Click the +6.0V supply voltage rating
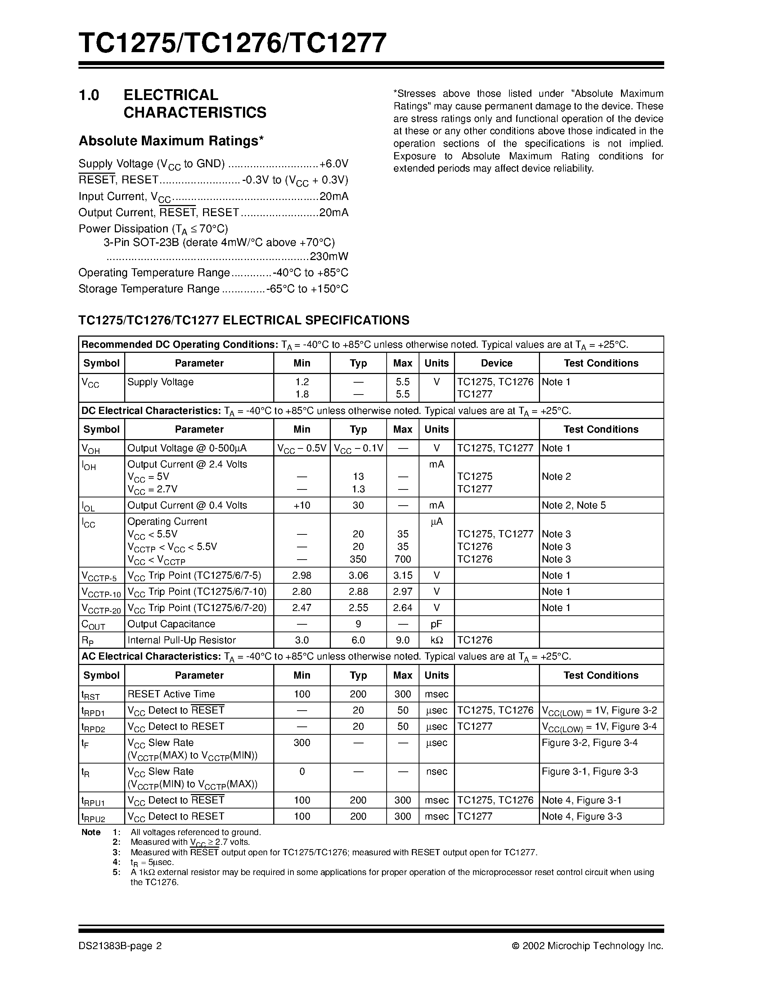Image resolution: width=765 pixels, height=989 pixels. point(334,164)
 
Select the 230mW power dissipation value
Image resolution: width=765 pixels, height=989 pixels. point(329,256)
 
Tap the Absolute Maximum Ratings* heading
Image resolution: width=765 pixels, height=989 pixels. point(171,141)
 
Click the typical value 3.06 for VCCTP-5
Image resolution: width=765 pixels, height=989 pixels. point(358,575)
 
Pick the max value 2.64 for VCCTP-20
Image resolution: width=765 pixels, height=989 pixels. point(402,608)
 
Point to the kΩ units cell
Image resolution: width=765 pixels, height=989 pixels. point(436,640)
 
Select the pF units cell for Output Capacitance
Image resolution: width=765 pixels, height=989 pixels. point(436,624)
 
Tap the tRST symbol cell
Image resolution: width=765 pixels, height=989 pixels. point(90,695)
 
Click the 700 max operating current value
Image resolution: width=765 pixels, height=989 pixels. point(402,559)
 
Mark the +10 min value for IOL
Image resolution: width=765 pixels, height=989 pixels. point(302,505)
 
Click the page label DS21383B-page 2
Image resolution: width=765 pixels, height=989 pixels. point(120,946)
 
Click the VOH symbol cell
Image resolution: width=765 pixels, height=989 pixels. point(90,449)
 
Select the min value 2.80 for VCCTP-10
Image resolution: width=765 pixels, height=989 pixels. point(302,591)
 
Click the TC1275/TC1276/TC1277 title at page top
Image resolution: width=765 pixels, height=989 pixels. point(233,44)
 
